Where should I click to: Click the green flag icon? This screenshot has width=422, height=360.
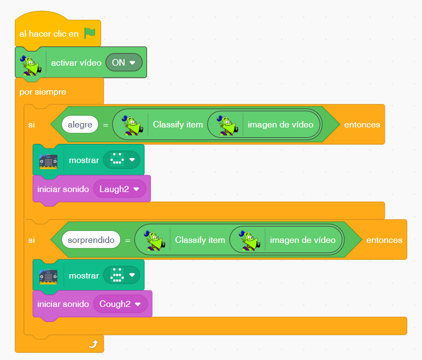[90, 33]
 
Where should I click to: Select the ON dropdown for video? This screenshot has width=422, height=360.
[124, 62]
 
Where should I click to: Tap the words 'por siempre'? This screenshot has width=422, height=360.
[43, 92]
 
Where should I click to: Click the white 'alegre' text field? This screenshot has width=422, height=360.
[80, 125]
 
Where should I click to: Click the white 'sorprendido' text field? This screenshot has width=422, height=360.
[91, 240]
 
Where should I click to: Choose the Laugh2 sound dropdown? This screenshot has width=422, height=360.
[120, 189]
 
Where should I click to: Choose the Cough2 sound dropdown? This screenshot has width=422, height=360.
[120, 304]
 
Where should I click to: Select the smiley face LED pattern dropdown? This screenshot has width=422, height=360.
[121, 160]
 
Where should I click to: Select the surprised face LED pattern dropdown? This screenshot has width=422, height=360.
[121, 275]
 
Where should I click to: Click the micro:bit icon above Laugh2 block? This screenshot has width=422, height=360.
[49, 161]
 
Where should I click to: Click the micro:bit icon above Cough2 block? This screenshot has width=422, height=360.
[49, 277]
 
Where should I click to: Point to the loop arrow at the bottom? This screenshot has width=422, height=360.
[93, 344]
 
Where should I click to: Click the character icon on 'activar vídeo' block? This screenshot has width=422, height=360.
[31, 65]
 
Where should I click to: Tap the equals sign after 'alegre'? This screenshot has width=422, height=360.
[106, 125]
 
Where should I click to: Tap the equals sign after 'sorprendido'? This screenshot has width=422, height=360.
[127, 240]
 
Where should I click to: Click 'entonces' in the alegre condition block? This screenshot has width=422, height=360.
[362, 125]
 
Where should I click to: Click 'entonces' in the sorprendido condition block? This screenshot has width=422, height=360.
[384, 240]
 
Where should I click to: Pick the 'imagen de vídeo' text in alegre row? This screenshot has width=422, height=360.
[280, 125]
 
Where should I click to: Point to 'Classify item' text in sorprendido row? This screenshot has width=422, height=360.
[200, 240]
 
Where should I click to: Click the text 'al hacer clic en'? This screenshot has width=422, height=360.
[49, 34]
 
